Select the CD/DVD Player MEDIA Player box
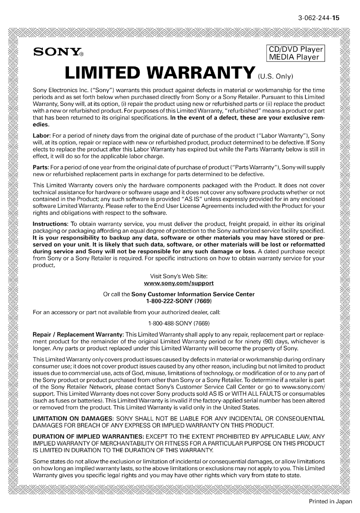(x=296, y=53)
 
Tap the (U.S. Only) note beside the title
(x=275, y=76)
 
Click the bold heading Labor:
(x=42, y=135)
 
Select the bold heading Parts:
(x=41, y=167)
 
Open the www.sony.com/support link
(x=179, y=283)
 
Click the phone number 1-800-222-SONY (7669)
(x=179, y=301)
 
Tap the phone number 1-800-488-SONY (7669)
(x=179, y=323)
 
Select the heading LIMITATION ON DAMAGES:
(x=73, y=418)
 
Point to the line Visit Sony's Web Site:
(x=179, y=276)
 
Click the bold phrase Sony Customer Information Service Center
(x=193, y=294)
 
